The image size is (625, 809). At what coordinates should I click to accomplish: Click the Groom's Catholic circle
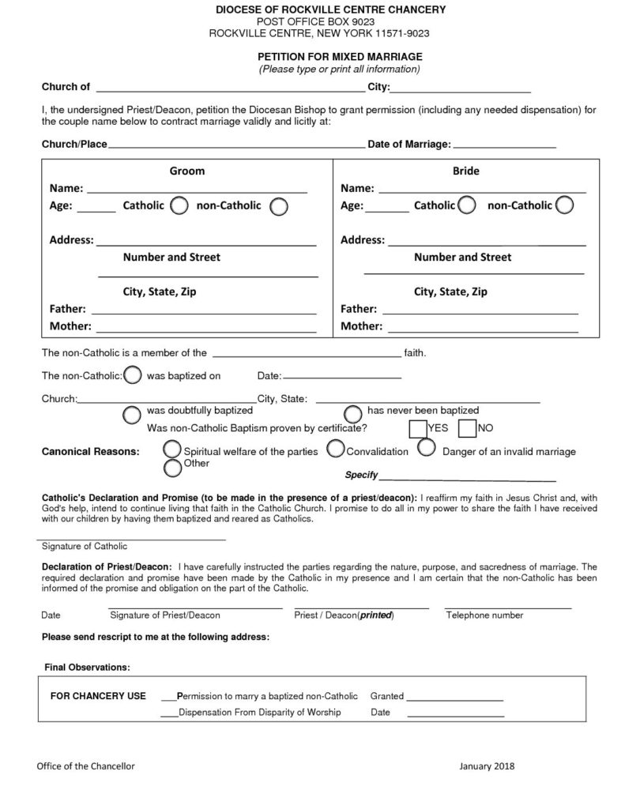click(x=179, y=206)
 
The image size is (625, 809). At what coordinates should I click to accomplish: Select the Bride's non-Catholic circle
click(x=564, y=205)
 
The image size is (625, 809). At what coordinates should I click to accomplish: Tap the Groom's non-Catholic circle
click(x=279, y=207)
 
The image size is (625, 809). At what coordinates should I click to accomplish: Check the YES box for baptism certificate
click(x=417, y=429)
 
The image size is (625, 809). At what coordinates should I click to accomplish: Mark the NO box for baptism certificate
click(x=468, y=429)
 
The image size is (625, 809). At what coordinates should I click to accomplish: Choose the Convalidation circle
click(x=335, y=449)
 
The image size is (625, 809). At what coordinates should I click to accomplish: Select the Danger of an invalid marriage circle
click(x=426, y=448)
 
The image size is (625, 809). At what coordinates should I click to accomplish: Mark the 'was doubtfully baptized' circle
click(x=133, y=414)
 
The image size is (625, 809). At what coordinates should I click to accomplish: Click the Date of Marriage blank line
click(x=505, y=147)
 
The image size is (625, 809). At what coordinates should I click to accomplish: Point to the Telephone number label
click(x=484, y=615)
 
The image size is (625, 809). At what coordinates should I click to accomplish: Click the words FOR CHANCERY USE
click(x=98, y=696)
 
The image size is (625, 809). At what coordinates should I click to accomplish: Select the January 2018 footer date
click(x=487, y=766)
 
